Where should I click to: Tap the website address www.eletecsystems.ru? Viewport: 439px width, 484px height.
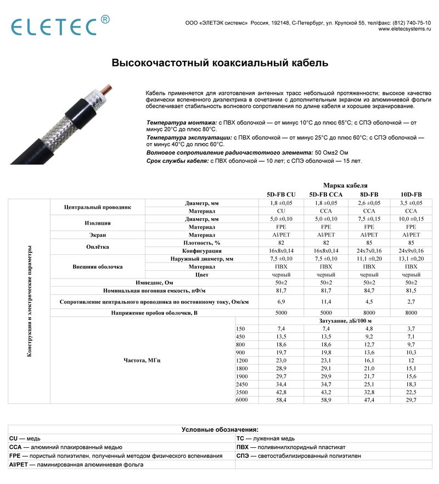click(404, 29)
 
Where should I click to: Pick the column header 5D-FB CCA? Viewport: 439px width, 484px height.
click(326, 195)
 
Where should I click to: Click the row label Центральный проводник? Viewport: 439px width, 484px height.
click(98, 207)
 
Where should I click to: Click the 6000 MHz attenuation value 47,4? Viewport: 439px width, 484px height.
click(369, 400)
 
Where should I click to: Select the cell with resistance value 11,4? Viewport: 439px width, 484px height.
click(326, 301)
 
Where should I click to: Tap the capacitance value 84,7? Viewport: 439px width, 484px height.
click(369, 291)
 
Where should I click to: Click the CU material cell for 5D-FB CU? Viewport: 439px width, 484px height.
click(280, 211)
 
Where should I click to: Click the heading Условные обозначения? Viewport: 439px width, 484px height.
click(219, 430)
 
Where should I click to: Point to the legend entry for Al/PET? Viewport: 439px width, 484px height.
click(76, 464)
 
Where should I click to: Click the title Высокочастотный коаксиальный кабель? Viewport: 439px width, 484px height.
click(220, 63)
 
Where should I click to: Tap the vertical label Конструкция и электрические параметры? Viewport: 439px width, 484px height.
click(29, 301)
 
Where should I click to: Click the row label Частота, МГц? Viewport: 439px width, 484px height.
click(143, 360)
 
